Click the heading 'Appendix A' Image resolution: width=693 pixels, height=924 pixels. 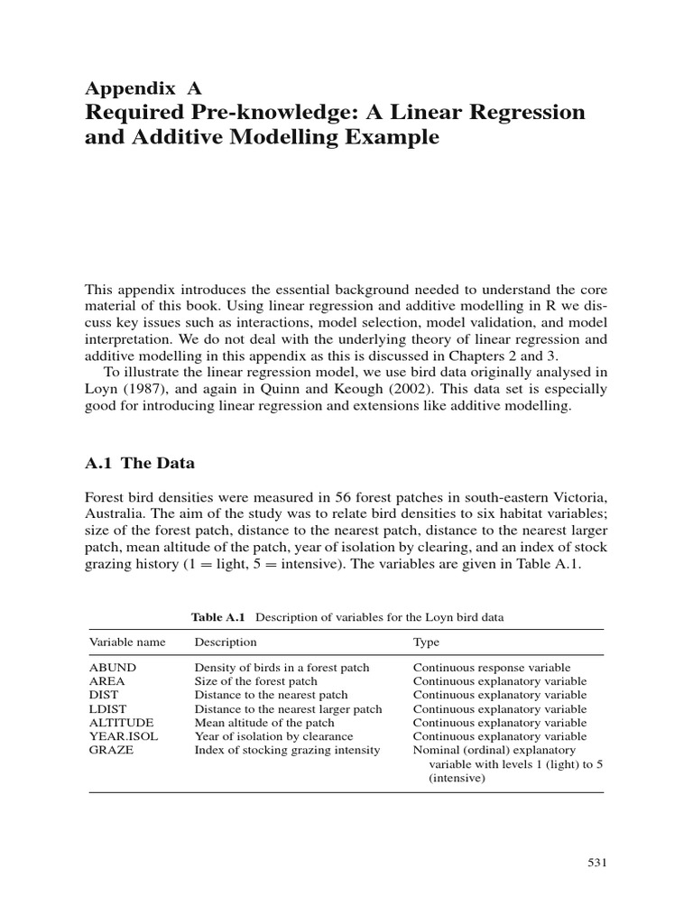pyautogui.click(x=143, y=88)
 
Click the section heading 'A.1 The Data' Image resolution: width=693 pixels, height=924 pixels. pyautogui.click(x=140, y=463)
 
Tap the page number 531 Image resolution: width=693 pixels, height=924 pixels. pyautogui.click(x=596, y=864)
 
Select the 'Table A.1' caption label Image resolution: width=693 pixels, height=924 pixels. pyautogui.click(x=218, y=617)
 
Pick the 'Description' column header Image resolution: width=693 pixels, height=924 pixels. pyautogui.click(x=226, y=642)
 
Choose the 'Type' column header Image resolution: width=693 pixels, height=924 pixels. pyautogui.click(x=426, y=642)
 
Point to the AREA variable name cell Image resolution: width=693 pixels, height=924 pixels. pyautogui.click(x=106, y=681)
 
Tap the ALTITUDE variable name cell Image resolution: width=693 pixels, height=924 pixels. pyautogui.click(x=121, y=723)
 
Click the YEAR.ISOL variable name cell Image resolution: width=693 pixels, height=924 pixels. pyautogui.click(x=122, y=736)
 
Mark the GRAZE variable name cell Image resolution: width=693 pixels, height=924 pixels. pyautogui.click(x=110, y=750)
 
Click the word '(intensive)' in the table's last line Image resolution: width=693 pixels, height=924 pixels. pyautogui.click(x=457, y=777)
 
